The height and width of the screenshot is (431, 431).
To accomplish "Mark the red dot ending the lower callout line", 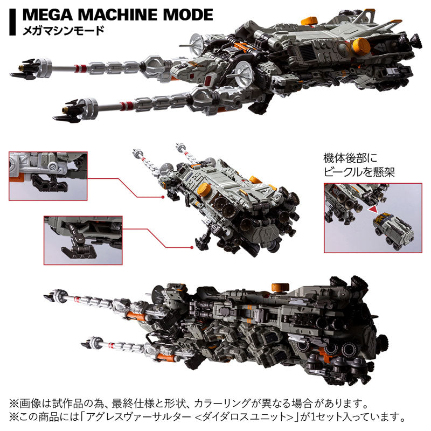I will point(191,247).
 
